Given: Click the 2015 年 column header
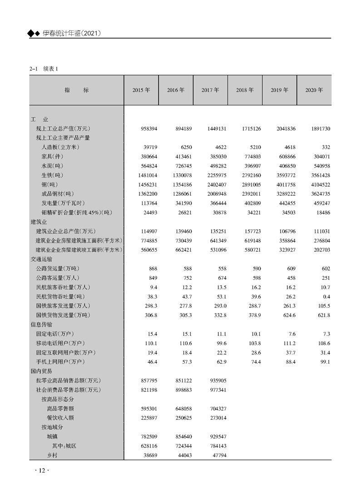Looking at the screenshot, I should (141, 90).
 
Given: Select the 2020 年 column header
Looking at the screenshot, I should (314, 90).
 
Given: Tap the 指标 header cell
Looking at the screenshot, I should (77, 90).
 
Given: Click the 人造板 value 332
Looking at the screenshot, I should (325, 147).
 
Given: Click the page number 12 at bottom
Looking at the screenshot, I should (41, 470).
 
